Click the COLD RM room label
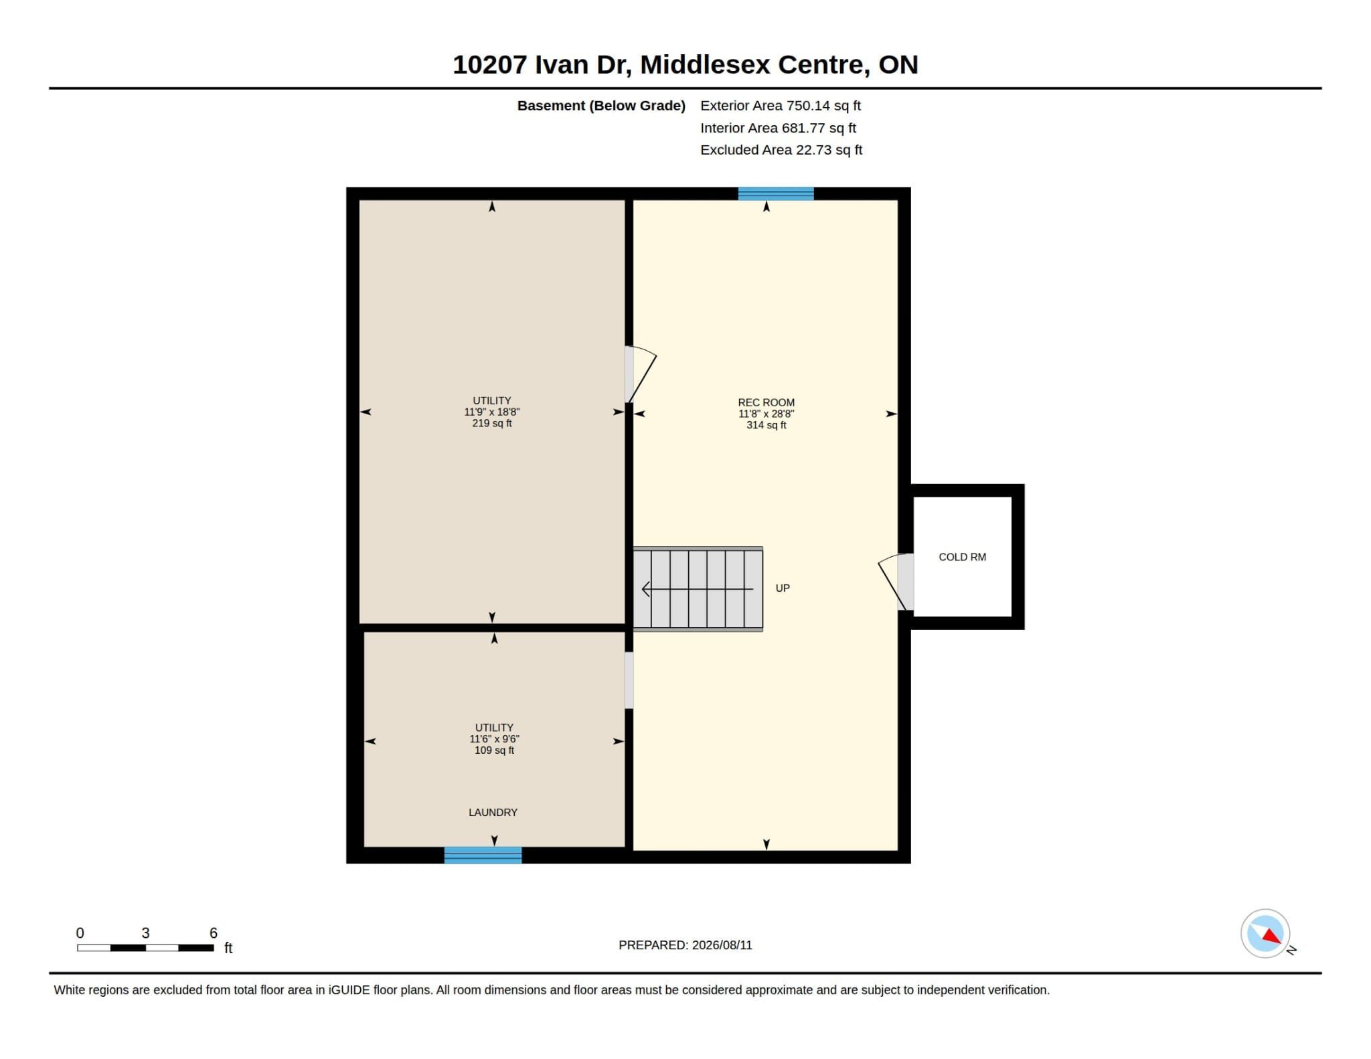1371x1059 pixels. tap(962, 557)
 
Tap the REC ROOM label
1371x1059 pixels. tap(766, 402)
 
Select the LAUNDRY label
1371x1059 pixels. tap(493, 812)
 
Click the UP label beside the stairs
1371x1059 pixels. tap(783, 588)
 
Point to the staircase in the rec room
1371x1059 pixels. tap(698, 589)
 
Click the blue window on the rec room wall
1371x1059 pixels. tap(776, 193)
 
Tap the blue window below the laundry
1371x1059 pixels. tap(483, 855)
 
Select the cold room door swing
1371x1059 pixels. tap(890, 581)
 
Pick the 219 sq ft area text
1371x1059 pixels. tap(492, 423)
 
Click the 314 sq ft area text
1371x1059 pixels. tap(766, 425)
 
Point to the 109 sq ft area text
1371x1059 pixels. tap(494, 750)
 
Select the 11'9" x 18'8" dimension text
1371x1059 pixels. tap(492, 412)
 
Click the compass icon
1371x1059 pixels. tap(1265, 933)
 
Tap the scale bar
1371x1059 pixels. tap(145, 948)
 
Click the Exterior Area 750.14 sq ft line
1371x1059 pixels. tap(781, 106)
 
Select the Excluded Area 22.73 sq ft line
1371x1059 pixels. tap(781, 150)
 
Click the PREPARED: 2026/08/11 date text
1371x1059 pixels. tap(685, 945)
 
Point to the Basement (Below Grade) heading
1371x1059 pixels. tap(601, 106)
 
